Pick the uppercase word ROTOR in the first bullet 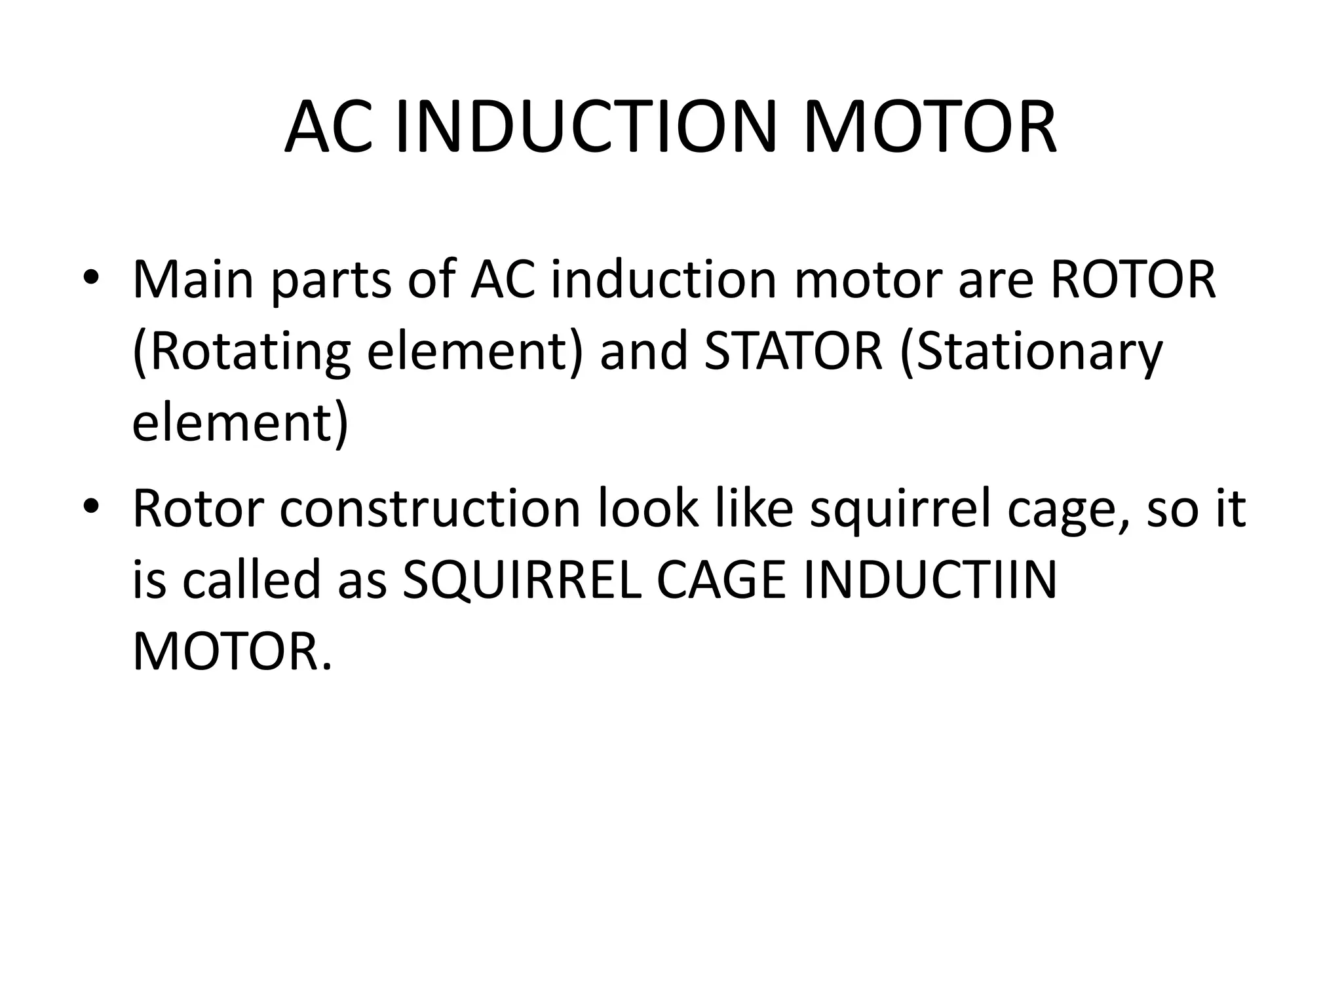(x=1133, y=280)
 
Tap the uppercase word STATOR (x=792, y=352)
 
